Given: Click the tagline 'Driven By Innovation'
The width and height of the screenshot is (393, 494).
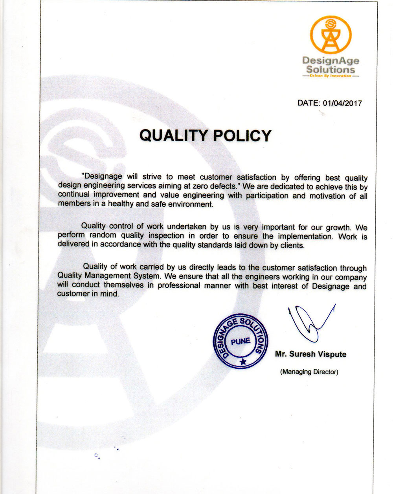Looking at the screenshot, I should point(331,76).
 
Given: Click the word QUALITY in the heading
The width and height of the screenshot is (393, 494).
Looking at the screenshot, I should point(173,135).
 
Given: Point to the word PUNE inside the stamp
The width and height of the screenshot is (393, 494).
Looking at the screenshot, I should point(241,341).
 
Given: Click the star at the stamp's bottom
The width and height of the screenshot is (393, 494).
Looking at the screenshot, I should point(243,361).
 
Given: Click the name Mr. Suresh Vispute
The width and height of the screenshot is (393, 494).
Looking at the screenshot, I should point(310,354).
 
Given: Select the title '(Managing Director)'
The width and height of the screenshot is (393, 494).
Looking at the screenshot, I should point(309,372).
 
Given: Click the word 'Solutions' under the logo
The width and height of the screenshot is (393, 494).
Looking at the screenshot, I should point(331,69).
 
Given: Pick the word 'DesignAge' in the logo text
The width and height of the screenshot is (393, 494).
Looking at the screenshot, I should point(331,61).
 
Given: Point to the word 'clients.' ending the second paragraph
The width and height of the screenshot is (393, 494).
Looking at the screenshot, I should point(292,246).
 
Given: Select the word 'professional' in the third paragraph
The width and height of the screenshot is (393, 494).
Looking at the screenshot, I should point(179,286).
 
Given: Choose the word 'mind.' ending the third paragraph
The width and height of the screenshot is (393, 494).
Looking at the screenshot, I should point(110,294).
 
